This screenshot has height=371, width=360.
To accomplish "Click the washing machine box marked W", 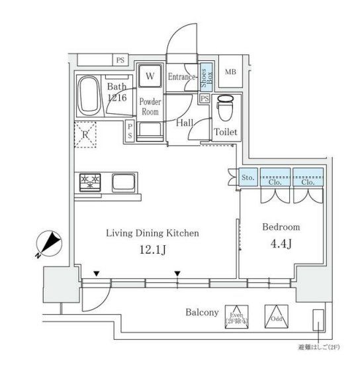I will (x=150, y=76).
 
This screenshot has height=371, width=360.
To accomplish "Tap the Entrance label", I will (x=181, y=78).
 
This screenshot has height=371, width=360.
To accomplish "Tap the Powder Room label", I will (x=150, y=107).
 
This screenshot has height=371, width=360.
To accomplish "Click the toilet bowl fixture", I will (x=225, y=106).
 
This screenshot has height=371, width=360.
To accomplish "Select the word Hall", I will (x=185, y=123).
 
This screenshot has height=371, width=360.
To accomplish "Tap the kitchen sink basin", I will (x=124, y=182).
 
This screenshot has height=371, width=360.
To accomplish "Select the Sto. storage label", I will (x=248, y=178).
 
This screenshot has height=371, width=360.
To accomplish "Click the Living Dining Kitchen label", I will (x=153, y=233).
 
